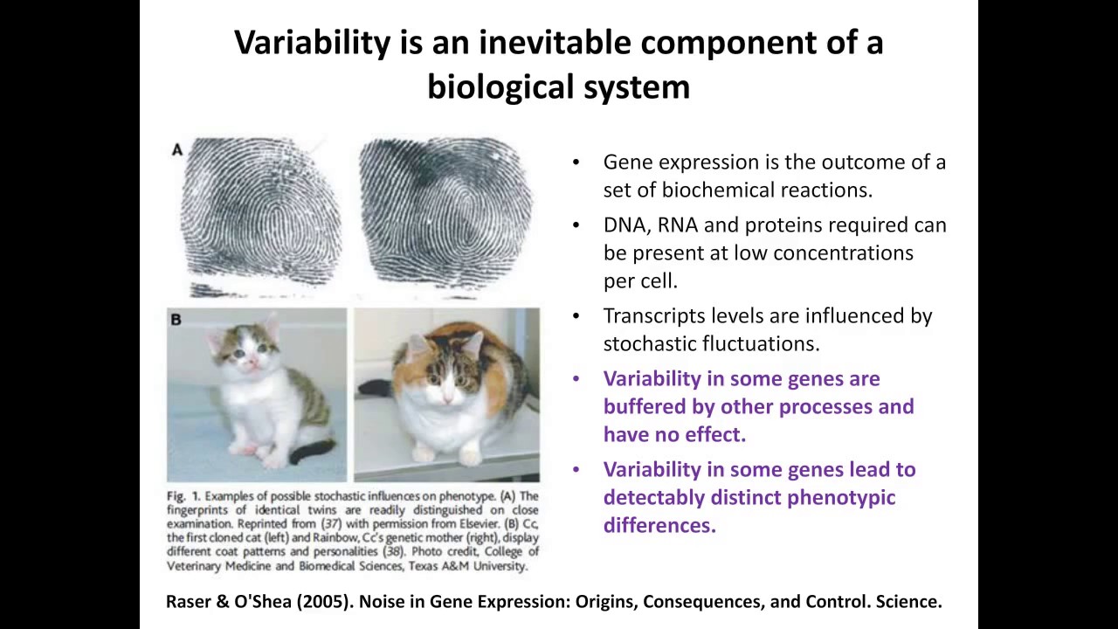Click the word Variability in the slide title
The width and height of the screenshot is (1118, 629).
click(313, 42)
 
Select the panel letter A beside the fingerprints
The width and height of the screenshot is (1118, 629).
click(177, 149)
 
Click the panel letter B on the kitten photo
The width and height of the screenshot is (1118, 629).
click(176, 320)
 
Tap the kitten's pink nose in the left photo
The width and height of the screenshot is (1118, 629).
click(253, 361)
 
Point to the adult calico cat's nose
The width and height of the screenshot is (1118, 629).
click(448, 397)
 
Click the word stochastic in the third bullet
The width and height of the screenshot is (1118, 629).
click(648, 344)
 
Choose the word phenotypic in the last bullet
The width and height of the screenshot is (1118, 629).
click(841, 498)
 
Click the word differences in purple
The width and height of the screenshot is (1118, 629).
click(659, 525)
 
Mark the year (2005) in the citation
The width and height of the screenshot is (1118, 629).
click(325, 602)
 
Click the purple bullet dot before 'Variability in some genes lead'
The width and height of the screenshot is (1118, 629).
click(576, 470)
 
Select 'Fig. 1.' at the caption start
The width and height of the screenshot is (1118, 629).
click(183, 496)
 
